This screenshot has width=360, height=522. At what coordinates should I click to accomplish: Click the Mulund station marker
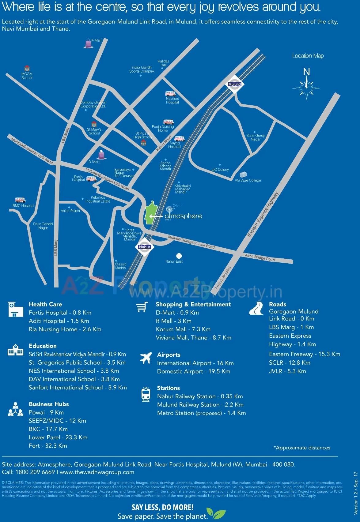(x=235, y=84)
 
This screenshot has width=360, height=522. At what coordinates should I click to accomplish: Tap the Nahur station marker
(x=144, y=247)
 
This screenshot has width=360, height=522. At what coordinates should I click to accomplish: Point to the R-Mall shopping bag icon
(x=88, y=44)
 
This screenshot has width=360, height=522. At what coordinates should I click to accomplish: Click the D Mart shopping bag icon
(x=101, y=155)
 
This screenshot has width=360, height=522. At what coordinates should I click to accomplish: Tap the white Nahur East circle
(x=179, y=256)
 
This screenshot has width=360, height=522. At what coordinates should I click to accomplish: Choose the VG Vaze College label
(x=248, y=180)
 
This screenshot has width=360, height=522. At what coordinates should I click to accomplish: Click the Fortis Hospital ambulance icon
(x=91, y=179)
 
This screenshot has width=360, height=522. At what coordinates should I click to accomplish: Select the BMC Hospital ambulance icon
(x=20, y=200)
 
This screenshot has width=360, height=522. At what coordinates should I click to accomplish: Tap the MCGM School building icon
(x=27, y=68)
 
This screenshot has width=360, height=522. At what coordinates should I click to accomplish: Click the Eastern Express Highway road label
(x=263, y=214)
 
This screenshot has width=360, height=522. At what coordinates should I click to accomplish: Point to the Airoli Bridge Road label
(x=260, y=257)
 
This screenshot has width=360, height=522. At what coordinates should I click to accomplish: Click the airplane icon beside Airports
(x=146, y=358)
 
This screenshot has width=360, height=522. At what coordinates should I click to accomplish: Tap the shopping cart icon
(x=142, y=307)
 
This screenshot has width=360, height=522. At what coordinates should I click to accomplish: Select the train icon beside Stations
(x=146, y=395)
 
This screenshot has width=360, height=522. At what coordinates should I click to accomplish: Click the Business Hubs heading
(x=49, y=404)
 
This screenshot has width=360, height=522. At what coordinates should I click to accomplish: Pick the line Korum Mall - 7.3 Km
(x=183, y=329)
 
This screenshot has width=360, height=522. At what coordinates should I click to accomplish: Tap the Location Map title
(x=308, y=56)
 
